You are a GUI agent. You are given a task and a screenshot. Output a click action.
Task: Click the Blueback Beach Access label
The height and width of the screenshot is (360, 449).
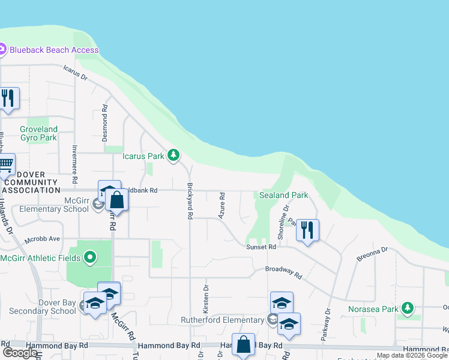[54, 50]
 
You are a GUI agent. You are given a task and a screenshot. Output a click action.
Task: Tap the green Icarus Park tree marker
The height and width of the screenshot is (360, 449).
[173, 156]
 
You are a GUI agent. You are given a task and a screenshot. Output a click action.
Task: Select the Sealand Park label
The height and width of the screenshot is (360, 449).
[283, 196]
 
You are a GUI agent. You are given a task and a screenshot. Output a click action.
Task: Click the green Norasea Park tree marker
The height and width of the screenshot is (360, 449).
[408, 308]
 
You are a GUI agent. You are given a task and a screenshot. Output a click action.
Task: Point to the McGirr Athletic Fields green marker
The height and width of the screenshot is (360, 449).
[90, 258]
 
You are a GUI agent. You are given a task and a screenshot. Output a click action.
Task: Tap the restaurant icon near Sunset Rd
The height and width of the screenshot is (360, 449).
[307, 230]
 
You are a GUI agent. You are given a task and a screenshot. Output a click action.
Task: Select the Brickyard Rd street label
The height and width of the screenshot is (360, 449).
[190, 200]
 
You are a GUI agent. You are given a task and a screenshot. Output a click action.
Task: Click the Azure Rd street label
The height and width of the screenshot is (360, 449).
[222, 205]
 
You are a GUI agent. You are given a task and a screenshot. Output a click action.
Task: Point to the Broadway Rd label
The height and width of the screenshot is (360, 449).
[283, 271]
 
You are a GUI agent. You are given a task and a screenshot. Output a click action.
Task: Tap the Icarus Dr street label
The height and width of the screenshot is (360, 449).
[76, 73]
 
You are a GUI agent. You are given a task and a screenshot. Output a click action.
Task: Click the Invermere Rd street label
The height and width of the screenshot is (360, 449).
[75, 164]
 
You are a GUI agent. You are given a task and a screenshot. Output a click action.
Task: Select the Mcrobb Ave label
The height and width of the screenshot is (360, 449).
[42, 239]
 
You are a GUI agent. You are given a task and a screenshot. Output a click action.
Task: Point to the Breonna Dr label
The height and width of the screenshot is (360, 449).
[372, 254]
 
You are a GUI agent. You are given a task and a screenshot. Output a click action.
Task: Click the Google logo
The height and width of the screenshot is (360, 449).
[19, 353]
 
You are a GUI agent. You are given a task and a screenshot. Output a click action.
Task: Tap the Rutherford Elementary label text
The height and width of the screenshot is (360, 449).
[223, 320]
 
